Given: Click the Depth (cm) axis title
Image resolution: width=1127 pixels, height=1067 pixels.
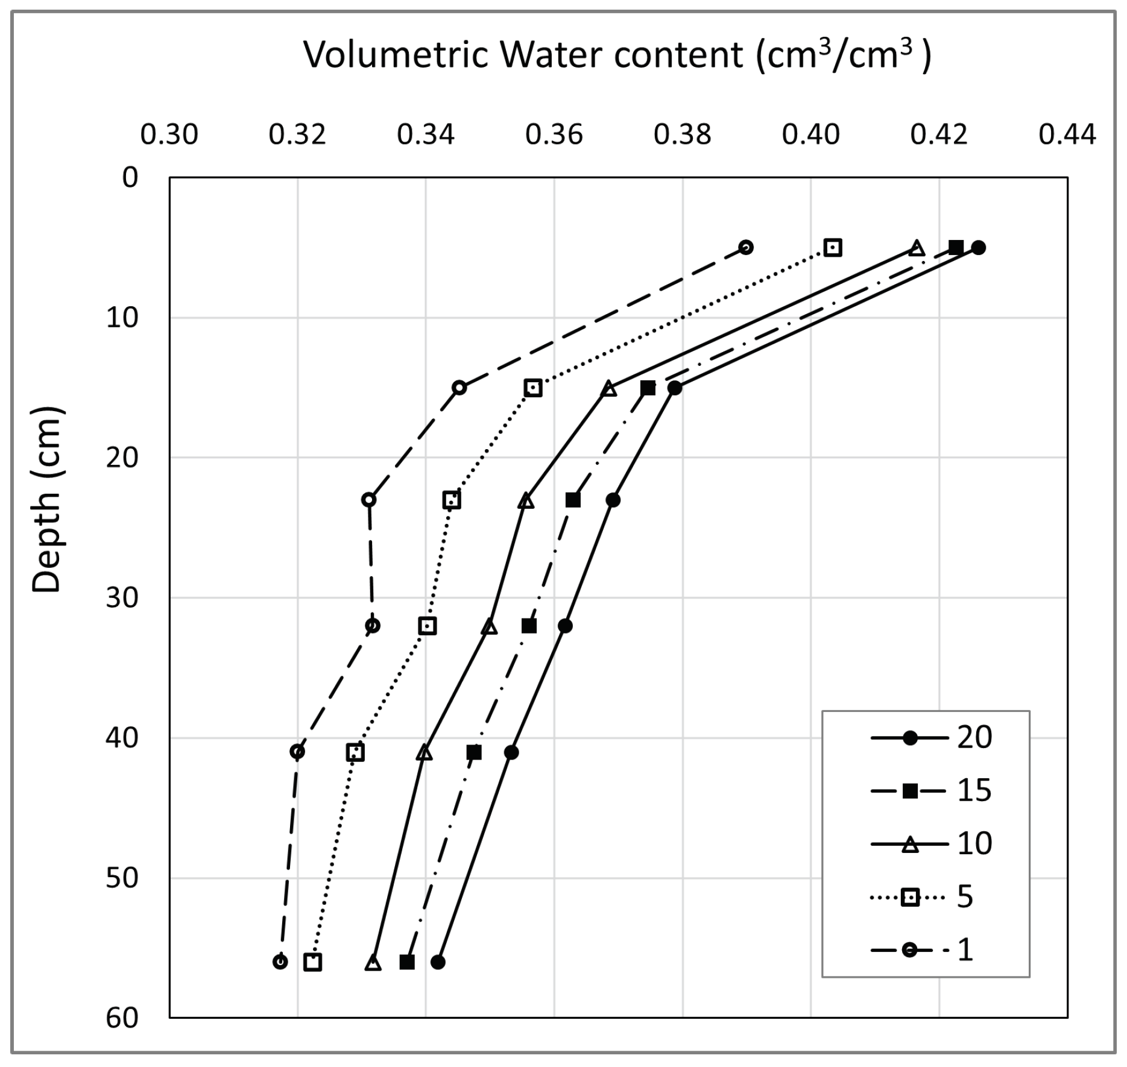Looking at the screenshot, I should click(46, 500).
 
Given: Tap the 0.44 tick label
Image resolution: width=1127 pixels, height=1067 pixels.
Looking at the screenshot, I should click(1067, 135).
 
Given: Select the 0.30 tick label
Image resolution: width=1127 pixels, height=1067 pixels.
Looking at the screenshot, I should click(169, 135).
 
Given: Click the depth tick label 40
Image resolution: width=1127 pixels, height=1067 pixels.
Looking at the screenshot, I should click(122, 737).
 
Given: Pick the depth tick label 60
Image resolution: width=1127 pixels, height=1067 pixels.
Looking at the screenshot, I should click(122, 1018).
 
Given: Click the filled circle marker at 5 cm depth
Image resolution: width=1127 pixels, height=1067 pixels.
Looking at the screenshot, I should click(979, 248).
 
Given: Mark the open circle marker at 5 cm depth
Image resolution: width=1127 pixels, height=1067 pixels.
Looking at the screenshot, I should click(747, 248).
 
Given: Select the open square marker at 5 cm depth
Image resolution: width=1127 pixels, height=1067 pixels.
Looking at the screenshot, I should click(833, 248).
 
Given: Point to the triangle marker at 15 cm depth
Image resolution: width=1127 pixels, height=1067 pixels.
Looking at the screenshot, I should click(609, 388).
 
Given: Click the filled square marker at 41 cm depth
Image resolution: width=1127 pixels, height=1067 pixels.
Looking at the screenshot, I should click(474, 753).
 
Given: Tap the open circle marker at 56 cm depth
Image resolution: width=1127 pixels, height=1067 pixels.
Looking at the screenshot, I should click(280, 962).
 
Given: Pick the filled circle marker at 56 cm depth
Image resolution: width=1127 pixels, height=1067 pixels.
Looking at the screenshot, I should click(438, 962).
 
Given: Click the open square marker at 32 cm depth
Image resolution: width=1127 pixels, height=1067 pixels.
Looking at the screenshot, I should click(428, 626).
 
